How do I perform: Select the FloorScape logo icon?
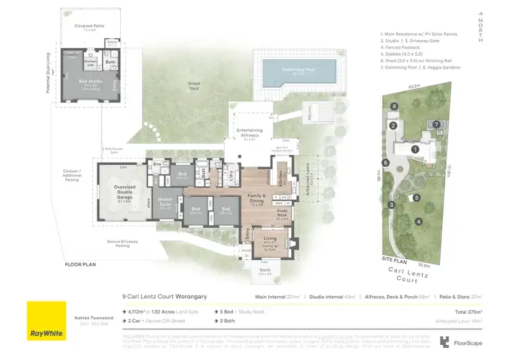coord(445,342)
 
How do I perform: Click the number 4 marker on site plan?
coord(419,221)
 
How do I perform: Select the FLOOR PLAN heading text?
coord(82,264)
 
